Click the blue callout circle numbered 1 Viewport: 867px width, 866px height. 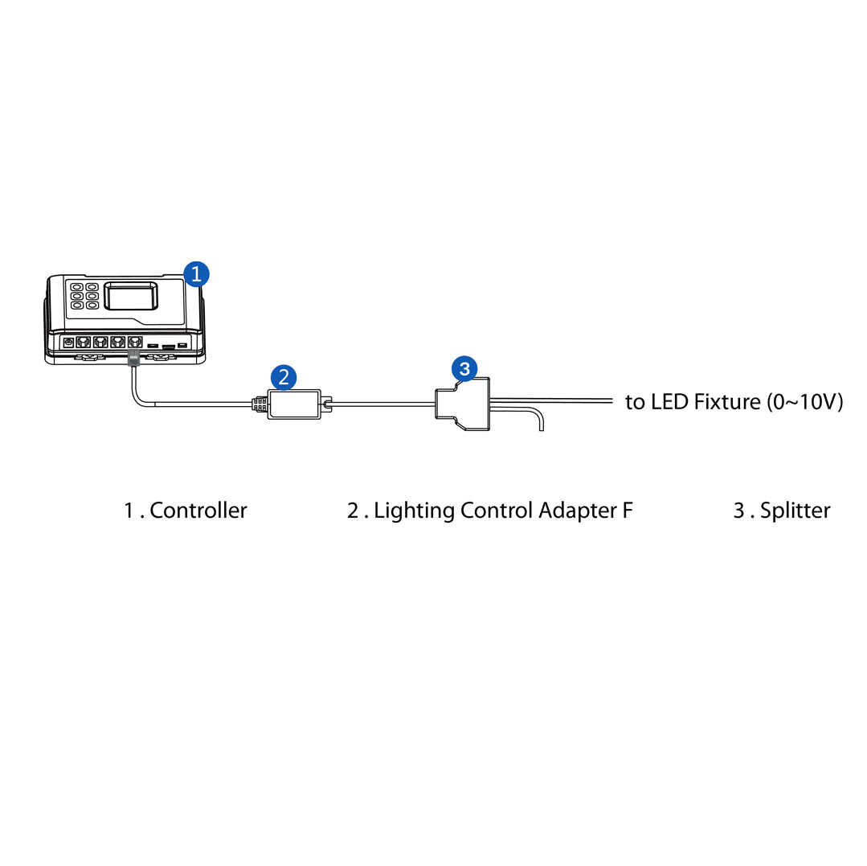pyautogui.click(x=196, y=273)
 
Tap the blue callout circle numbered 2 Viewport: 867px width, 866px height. pyautogui.click(x=284, y=377)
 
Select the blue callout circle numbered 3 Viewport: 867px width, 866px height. pyautogui.click(x=464, y=369)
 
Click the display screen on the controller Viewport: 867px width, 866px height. pyautogui.click(x=133, y=296)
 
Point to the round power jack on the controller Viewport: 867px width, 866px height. pyautogui.click(x=68, y=343)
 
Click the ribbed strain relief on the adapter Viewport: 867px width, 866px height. pyautogui.click(x=259, y=404)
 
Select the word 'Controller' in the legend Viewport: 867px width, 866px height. pyautogui.click(x=198, y=510)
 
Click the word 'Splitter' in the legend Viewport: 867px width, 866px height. pyautogui.click(x=795, y=510)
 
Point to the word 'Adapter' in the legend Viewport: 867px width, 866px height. pyautogui.click(x=577, y=510)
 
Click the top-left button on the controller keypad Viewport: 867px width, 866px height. pyautogui.click(x=76, y=286)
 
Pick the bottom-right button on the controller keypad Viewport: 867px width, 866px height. pyautogui.click(x=92, y=306)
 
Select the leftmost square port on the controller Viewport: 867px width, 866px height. pyautogui.click(x=83, y=342)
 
